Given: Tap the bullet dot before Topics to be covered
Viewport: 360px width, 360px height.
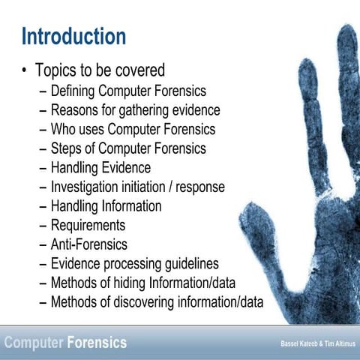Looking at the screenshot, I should coord(25,71).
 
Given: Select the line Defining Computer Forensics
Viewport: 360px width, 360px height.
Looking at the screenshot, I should coord(127,91).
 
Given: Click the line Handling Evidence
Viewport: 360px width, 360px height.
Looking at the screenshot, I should coord(100,167).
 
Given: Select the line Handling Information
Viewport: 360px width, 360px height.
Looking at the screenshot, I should coord(106,205).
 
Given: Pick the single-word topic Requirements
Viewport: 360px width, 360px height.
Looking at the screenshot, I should coord(88,225).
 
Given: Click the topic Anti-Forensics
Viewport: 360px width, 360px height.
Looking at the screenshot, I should coord(88,244).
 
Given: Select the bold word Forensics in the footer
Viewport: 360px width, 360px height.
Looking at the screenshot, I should coord(97,343).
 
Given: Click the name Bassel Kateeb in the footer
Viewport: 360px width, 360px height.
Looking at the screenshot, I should coord(294,344).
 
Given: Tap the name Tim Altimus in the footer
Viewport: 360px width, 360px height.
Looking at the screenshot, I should coord(337,344).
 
